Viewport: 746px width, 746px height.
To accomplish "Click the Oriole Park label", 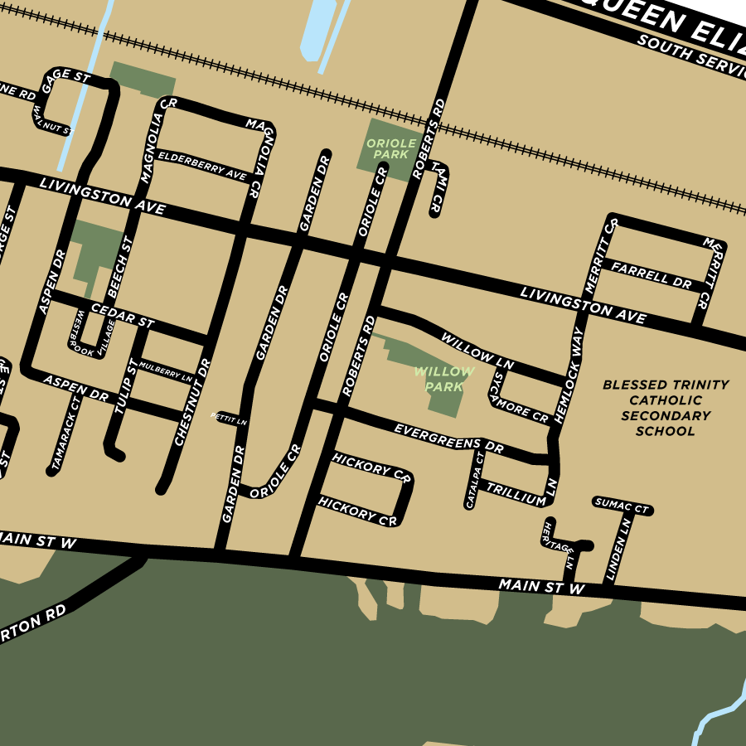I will [391, 149].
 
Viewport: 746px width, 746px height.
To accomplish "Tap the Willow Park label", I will [443, 380].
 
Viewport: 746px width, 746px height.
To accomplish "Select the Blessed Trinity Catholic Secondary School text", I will [666, 408].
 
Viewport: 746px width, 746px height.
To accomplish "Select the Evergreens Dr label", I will [448, 438].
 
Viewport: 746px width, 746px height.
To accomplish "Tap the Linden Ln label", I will [619, 549].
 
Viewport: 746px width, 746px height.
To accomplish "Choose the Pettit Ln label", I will [230, 419].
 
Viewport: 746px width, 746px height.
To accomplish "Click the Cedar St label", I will [123, 314].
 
